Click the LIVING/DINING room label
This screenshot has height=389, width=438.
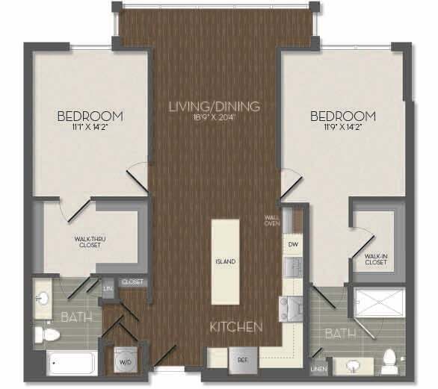(x=214, y=107)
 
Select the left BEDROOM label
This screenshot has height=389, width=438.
(x=90, y=116)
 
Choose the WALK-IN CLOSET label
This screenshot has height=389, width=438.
(x=376, y=258)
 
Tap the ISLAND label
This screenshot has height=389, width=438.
(x=226, y=261)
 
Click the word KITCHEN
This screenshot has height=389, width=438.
(x=235, y=327)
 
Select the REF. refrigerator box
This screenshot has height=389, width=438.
(x=242, y=358)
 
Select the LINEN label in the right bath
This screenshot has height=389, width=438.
(x=318, y=368)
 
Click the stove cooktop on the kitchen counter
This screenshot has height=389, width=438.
(x=290, y=307)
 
